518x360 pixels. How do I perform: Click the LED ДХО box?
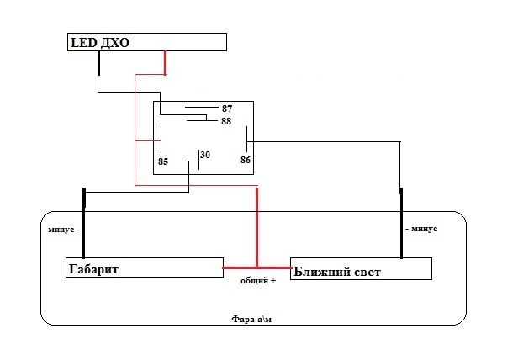[x=147, y=42]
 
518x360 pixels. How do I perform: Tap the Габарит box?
[x=144, y=267]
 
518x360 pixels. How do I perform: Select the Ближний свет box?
[x=361, y=268]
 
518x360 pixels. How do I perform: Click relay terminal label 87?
[x=227, y=109]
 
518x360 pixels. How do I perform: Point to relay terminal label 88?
[x=226, y=122]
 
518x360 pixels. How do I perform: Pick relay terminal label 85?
[x=163, y=160]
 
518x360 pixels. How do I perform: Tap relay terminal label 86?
[x=246, y=160]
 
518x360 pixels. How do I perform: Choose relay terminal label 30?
[x=206, y=154]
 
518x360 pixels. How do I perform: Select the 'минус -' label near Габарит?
[x=65, y=229]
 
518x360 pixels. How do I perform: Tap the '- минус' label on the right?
[x=420, y=229]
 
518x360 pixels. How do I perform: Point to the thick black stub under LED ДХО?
[x=98, y=63]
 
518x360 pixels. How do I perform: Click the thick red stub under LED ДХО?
[x=165, y=61]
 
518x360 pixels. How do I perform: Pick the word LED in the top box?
[x=83, y=42]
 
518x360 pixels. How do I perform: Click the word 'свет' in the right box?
[x=361, y=272]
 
